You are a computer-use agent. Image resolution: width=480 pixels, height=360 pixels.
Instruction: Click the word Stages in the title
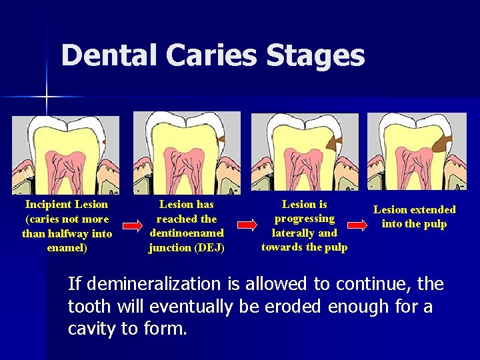tap(315, 56)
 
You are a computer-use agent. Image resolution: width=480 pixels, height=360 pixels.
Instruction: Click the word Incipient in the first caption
tap(49, 204)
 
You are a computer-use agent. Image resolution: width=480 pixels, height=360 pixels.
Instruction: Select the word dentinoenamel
tap(187, 233)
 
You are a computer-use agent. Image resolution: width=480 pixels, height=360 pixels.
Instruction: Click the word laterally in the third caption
tap(294, 233)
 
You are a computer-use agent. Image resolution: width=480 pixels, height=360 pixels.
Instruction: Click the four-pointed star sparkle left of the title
tap(47, 97)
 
